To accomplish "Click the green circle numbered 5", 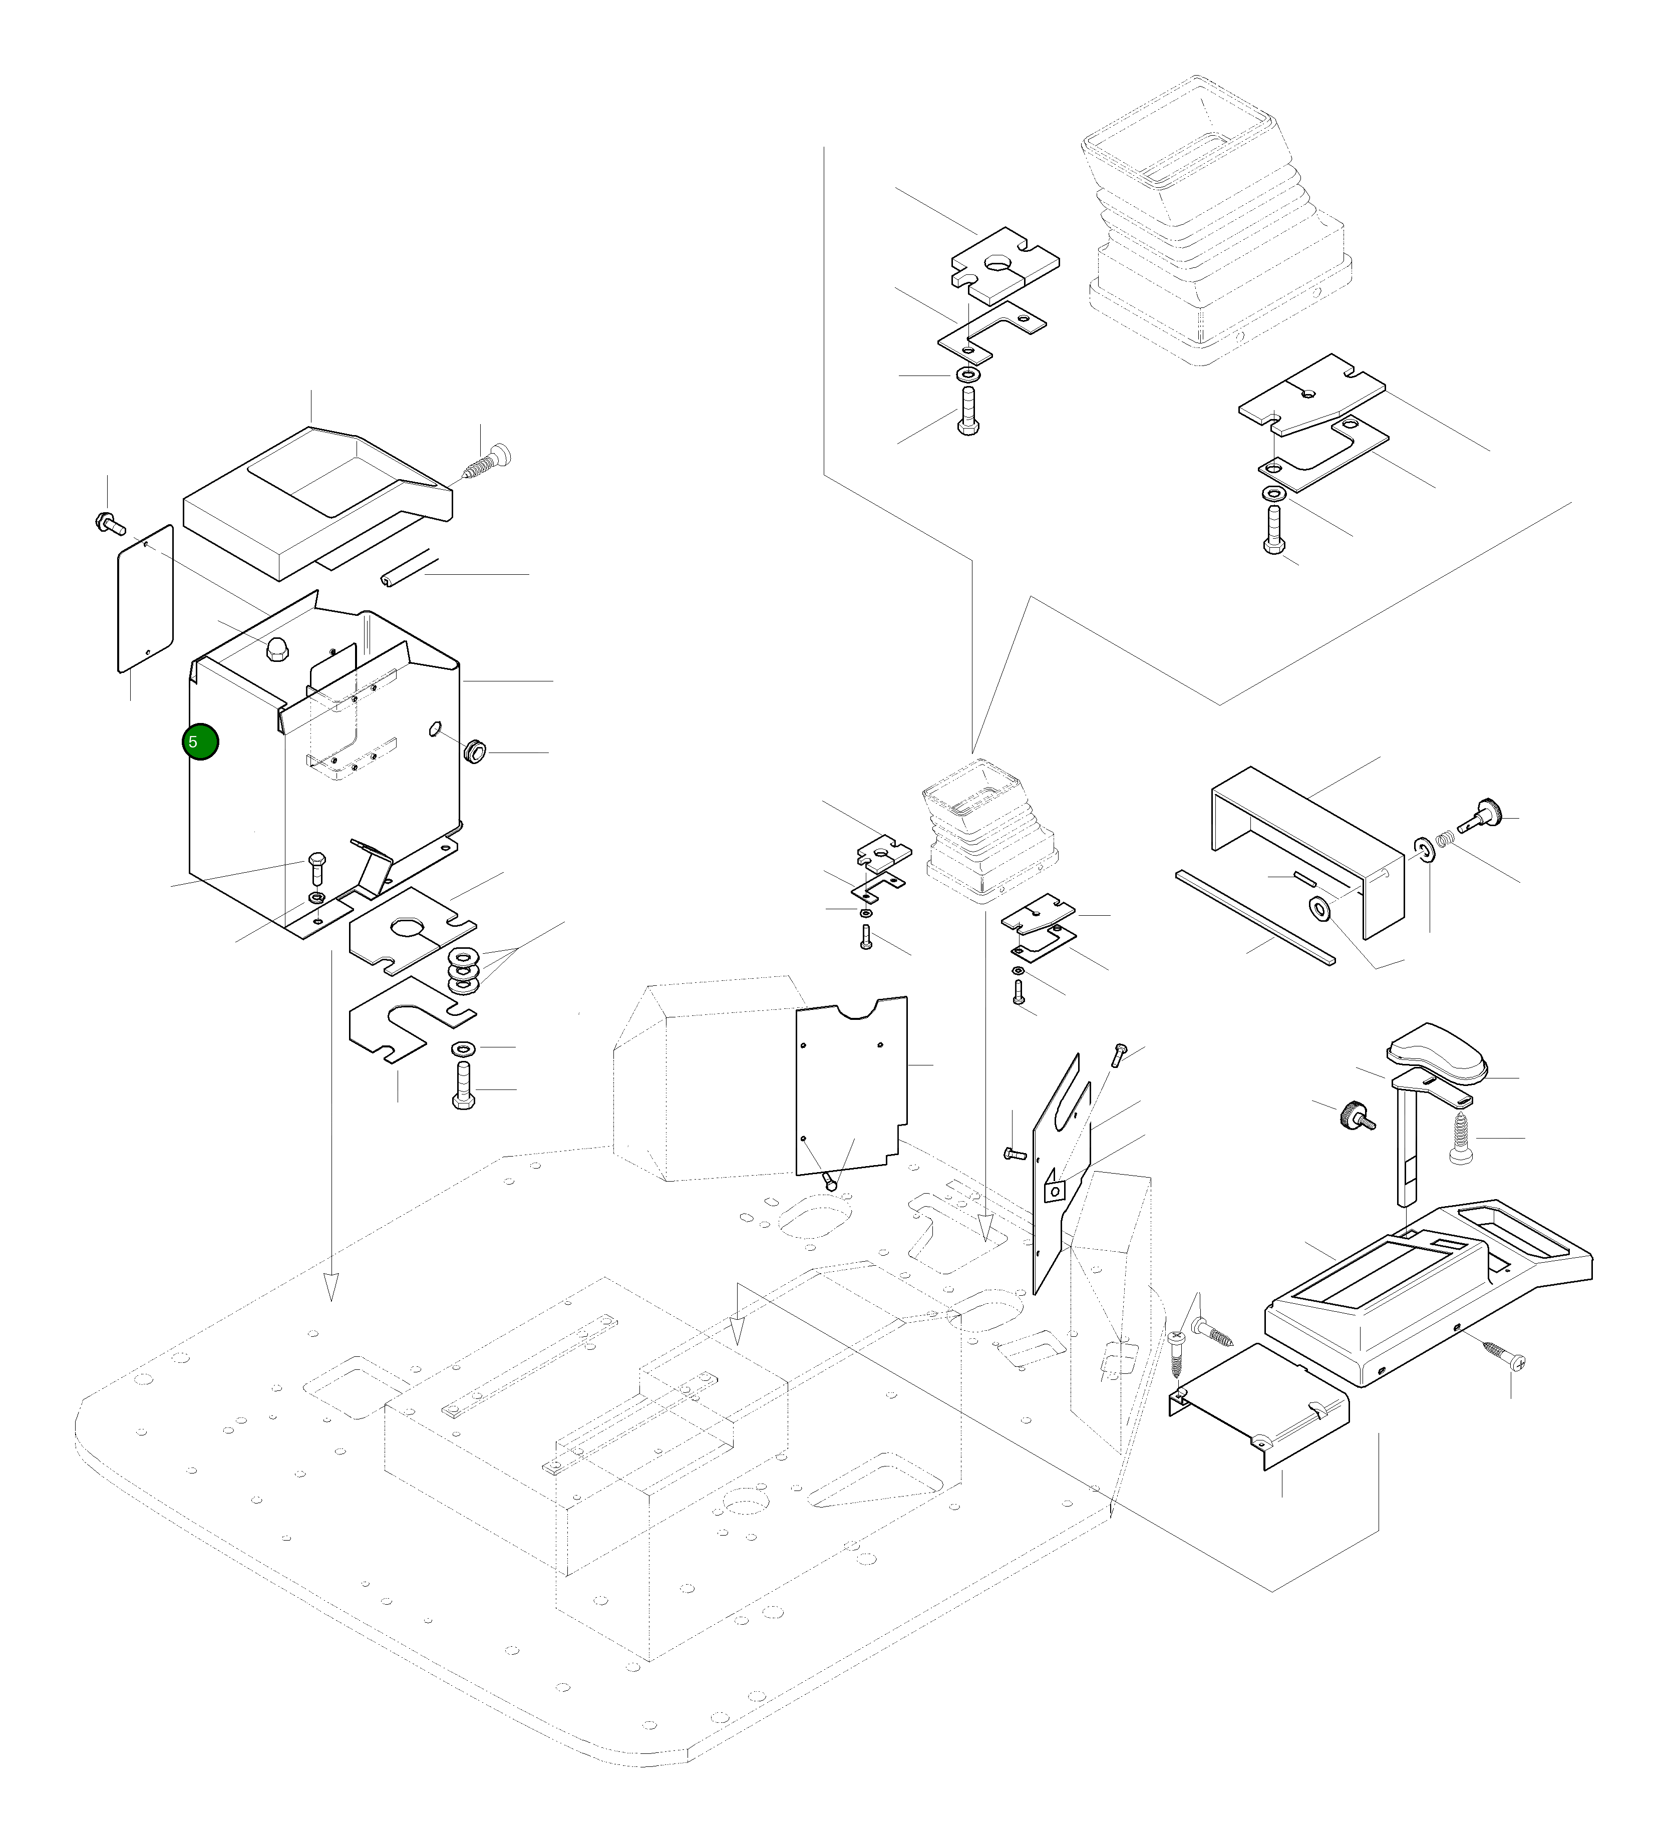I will click(x=199, y=742).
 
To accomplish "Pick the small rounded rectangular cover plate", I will click(x=145, y=598).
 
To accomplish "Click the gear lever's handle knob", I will click(x=1437, y=1053).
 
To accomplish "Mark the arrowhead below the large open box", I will click(x=331, y=1287).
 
